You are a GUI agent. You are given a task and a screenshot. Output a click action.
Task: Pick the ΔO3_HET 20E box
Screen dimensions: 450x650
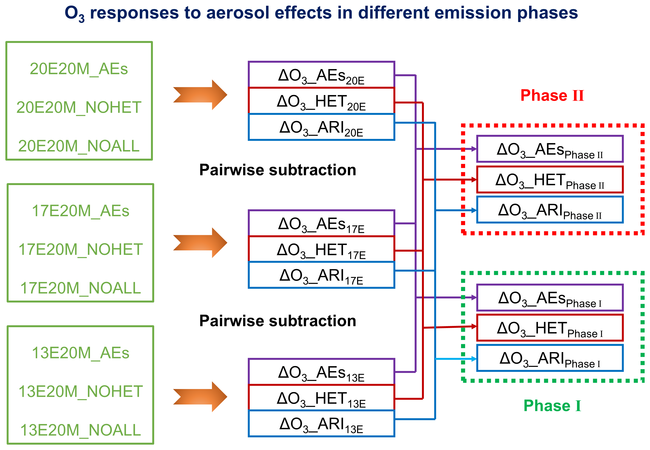(321, 101)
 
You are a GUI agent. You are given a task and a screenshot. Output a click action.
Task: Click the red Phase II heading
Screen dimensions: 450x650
(552, 95)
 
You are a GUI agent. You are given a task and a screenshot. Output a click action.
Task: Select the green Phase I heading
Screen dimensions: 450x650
(552, 406)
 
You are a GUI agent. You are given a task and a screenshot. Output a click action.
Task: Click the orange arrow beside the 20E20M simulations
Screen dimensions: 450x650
(200, 95)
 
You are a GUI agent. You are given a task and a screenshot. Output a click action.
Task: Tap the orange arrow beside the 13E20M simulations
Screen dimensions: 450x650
(200, 397)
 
